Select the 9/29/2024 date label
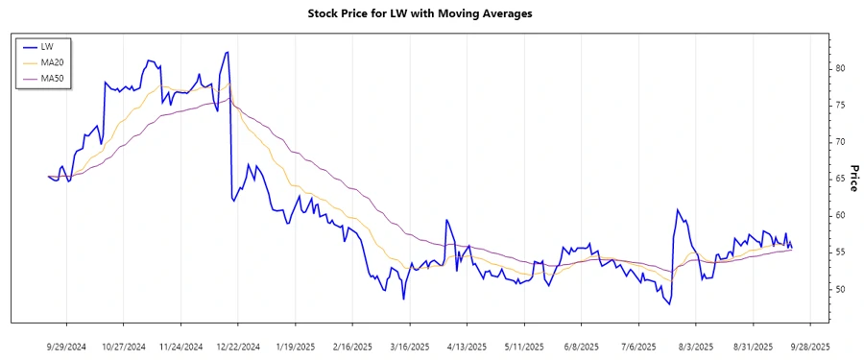coord(66,345)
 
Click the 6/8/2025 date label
coord(582,345)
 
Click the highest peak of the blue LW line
coord(228,52)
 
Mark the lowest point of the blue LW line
coord(668,303)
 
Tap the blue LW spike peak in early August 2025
coord(677,209)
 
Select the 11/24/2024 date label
coord(180,345)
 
